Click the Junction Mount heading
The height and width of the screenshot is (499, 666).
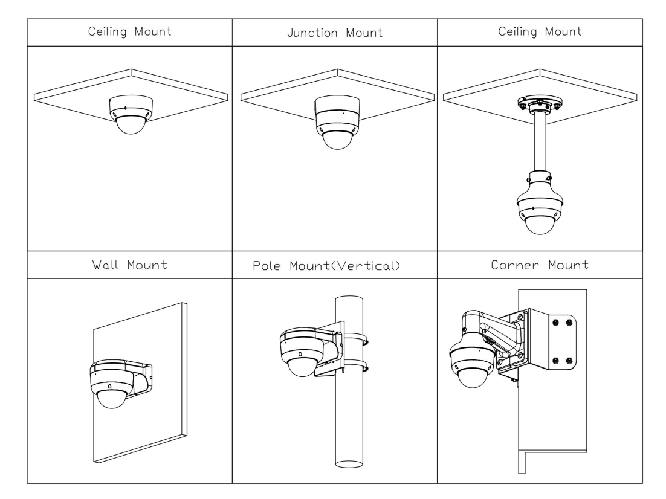point(334,33)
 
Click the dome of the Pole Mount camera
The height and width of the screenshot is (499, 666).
point(302,366)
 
